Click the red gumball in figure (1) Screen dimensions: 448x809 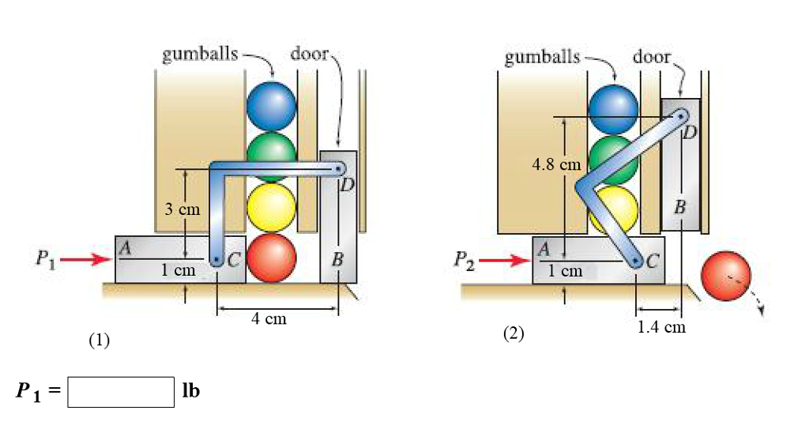point(271,258)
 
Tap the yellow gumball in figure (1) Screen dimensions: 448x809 point(271,207)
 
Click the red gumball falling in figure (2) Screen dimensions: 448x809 point(726,276)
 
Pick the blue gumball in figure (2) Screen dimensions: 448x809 point(613,107)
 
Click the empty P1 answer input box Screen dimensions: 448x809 point(121,392)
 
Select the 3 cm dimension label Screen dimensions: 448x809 point(182,210)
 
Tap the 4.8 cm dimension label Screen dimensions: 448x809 point(557,165)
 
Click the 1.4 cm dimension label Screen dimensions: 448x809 point(661,326)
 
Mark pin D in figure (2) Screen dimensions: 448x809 point(680,117)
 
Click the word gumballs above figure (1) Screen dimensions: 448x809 point(200,55)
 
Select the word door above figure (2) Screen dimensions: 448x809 point(652,56)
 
